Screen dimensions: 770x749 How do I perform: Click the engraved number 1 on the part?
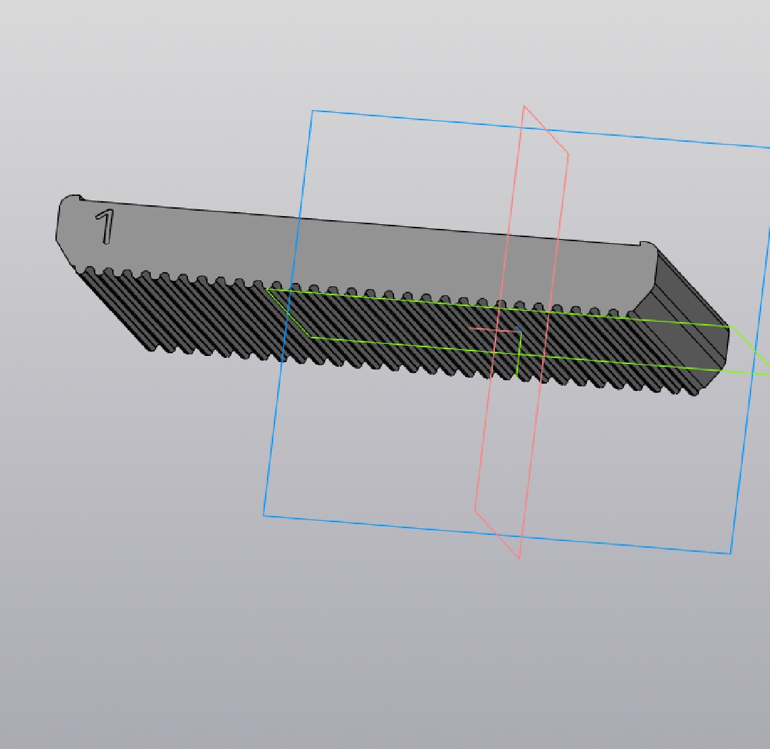[x=105, y=226]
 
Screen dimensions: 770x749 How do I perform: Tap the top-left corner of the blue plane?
[x=312, y=111]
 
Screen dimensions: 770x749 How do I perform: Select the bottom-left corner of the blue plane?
[x=264, y=515]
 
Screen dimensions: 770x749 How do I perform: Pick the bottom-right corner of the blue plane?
[x=731, y=554]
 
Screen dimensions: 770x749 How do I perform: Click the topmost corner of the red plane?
[x=524, y=105]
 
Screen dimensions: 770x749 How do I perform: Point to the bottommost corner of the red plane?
[x=520, y=558]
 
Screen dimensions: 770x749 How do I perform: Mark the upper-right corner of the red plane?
[x=569, y=154]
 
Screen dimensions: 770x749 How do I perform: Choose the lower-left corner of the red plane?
[x=475, y=510]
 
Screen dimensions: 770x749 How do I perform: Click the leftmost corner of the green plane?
[x=266, y=289]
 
